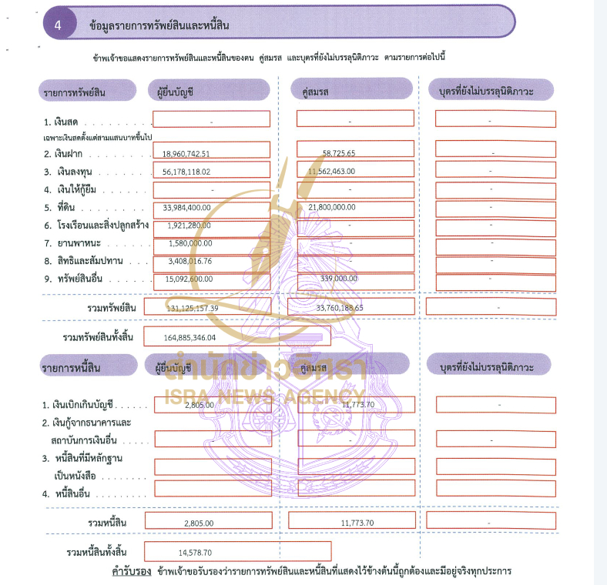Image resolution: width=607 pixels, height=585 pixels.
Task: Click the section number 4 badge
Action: pyautogui.click(x=59, y=25)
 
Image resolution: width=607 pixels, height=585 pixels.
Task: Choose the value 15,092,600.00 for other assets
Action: pyautogui.click(x=189, y=279)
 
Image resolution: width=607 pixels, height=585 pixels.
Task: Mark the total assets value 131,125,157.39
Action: pyautogui.click(x=193, y=308)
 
